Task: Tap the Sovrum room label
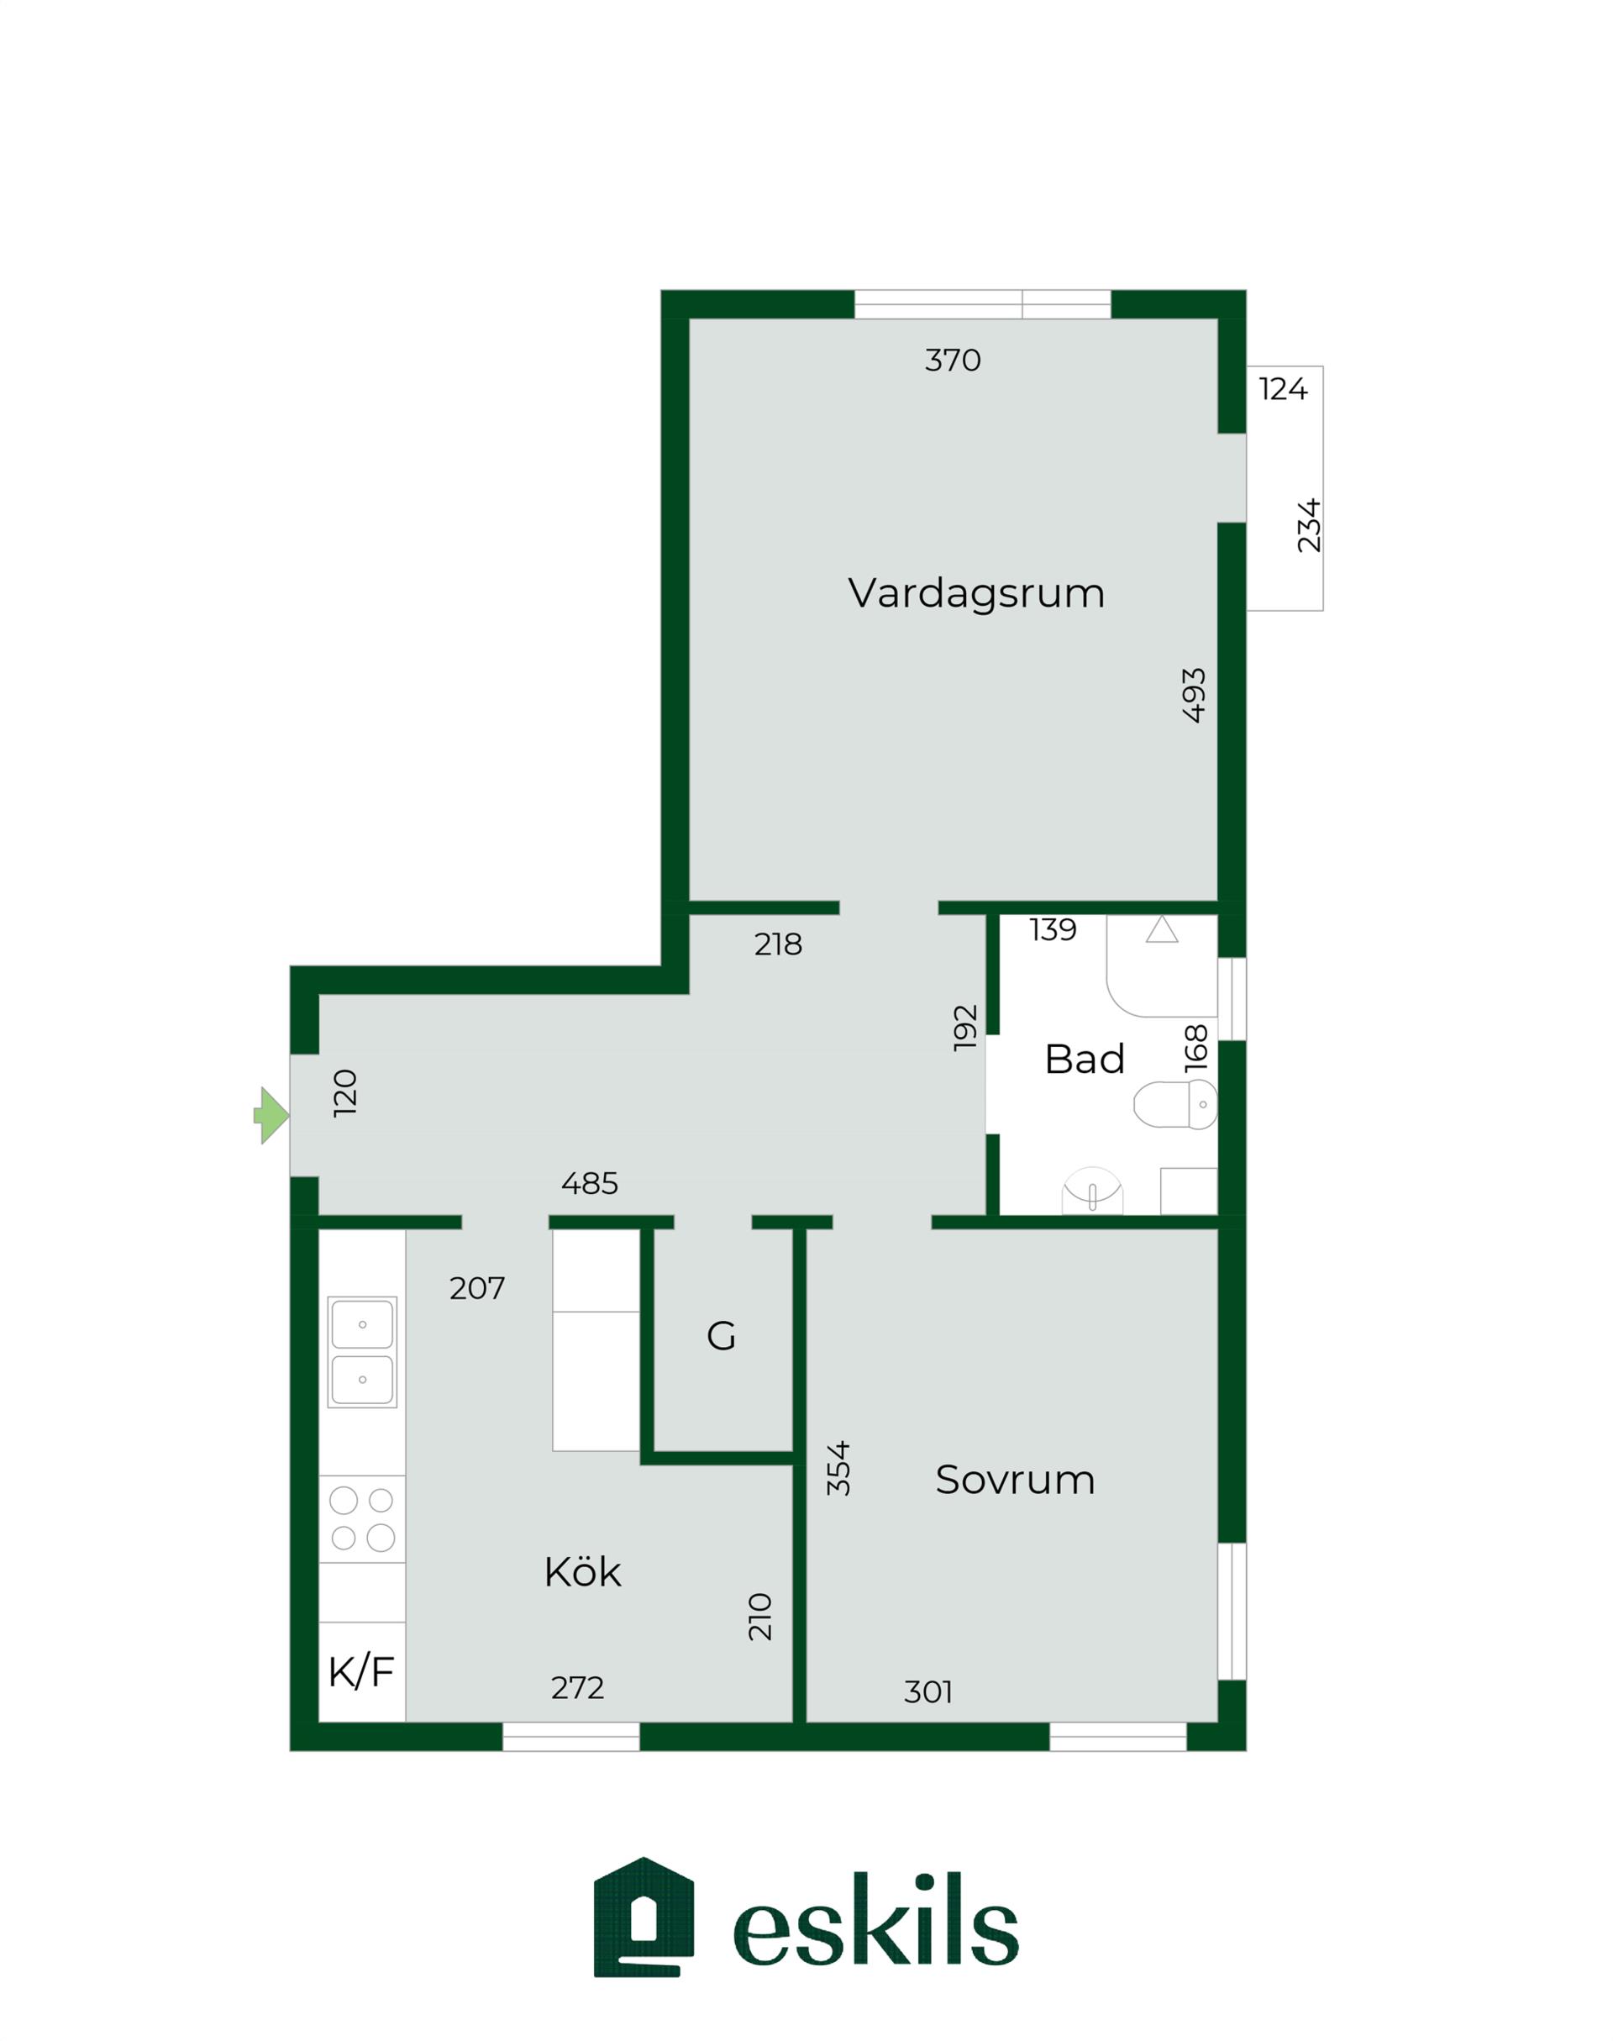[x=1015, y=1479]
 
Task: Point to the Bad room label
[x=1084, y=1059]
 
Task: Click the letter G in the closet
[x=722, y=1336]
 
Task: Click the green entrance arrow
[x=271, y=1115]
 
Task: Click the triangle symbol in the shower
[x=1162, y=929]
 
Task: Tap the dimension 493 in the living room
[x=1194, y=695]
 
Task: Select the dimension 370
[x=953, y=360]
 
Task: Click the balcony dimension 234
[x=1309, y=525]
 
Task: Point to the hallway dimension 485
[x=591, y=1183]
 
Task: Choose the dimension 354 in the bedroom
[x=838, y=1469]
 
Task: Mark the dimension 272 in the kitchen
[x=577, y=1688]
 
